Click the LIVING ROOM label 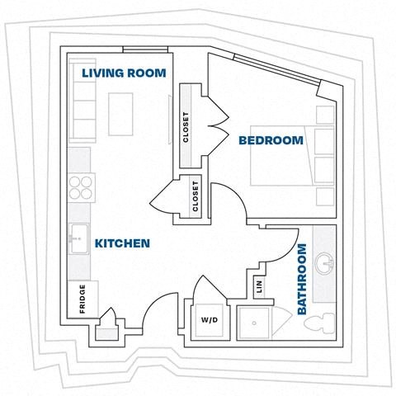(123, 73)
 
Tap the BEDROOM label (271, 141)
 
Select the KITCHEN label (121, 243)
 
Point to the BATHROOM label (302, 279)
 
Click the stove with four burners (80, 189)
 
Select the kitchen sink (79, 240)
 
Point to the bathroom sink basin (327, 266)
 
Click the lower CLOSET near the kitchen (196, 197)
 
